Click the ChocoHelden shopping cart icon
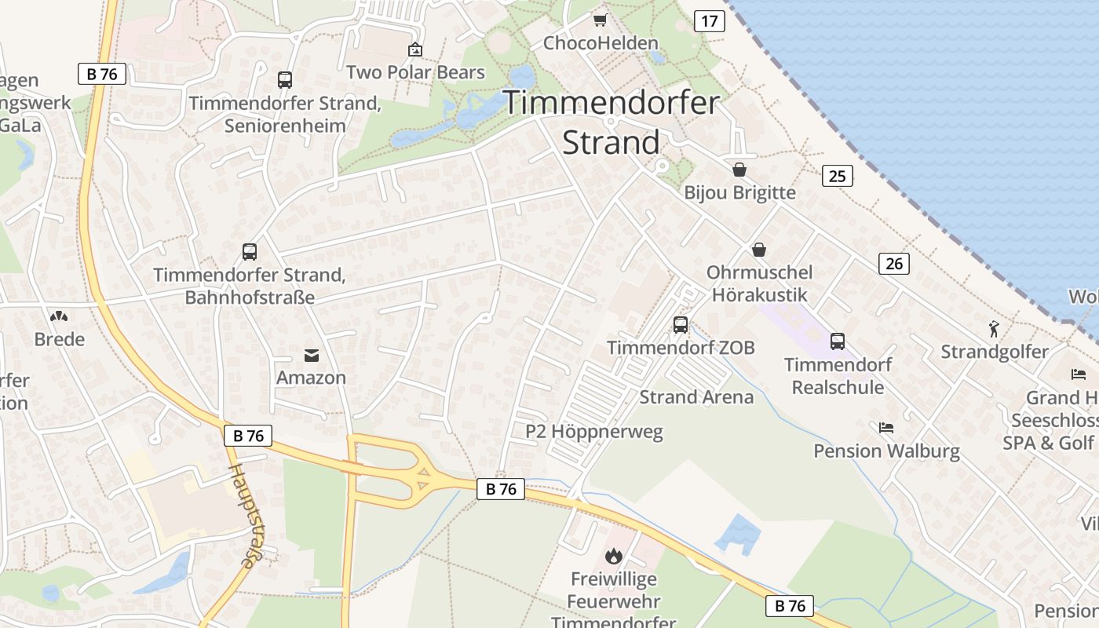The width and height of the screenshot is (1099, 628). point(600,20)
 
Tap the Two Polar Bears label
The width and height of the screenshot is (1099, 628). point(415,72)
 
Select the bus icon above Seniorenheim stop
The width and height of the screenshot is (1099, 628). point(284,79)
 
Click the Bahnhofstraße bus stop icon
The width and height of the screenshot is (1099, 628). point(249,252)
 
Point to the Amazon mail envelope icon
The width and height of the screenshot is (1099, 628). point(312,356)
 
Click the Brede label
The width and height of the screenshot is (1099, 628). point(60,339)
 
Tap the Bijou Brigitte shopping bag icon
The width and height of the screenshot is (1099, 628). point(739,170)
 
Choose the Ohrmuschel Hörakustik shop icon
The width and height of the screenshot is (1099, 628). point(759,250)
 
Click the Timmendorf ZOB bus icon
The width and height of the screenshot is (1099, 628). point(680,324)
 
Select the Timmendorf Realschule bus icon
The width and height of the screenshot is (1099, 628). point(838,341)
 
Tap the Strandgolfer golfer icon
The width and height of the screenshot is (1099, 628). point(995,329)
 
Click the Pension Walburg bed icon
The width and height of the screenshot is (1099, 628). point(886,428)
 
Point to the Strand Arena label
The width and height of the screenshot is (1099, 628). point(696,397)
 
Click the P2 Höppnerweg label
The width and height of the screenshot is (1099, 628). point(594,432)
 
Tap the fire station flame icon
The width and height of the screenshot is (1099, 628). point(613,557)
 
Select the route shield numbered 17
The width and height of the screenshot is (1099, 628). point(709,21)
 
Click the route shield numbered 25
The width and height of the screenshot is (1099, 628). point(838,176)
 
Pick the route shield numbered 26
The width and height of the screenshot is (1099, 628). point(894,264)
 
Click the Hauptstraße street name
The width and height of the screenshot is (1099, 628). point(243,515)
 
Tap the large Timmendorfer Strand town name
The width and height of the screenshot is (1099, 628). point(612,122)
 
